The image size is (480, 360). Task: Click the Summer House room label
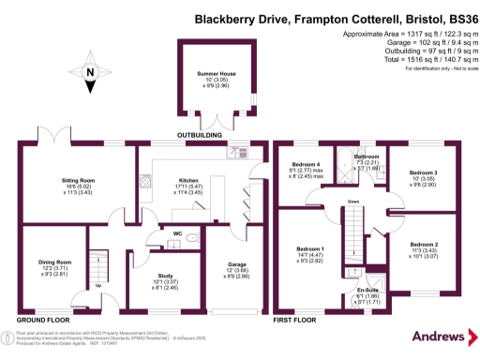[215, 72]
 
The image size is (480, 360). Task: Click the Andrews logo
[438, 336]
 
